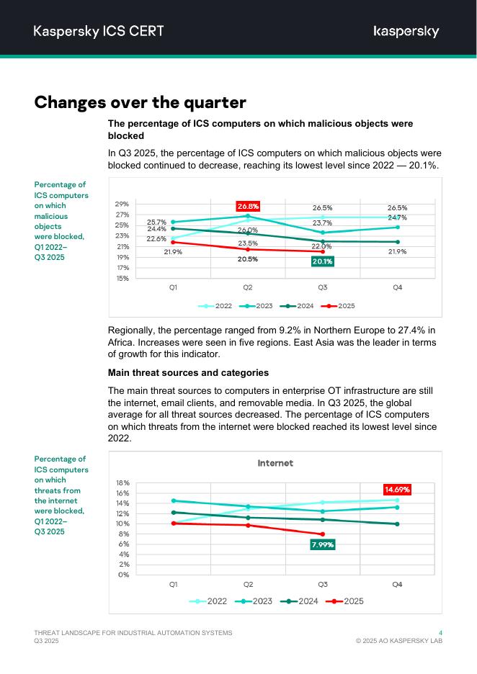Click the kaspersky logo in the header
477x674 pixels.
pos(406,31)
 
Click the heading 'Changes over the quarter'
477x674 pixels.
pos(140,102)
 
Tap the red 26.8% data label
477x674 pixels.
pos(248,206)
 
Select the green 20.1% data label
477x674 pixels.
pos(322,261)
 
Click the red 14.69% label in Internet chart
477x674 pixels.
pos(397,489)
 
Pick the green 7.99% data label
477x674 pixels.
pos(322,545)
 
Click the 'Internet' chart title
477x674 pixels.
pos(275,463)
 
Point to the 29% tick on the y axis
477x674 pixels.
pos(122,205)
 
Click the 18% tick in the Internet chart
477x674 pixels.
pos(122,483)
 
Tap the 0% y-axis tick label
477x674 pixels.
pos(124,575)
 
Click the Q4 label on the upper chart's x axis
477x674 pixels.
pos(397,287)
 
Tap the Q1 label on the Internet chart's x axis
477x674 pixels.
pos(173,585)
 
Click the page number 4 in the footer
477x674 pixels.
pos(440,632)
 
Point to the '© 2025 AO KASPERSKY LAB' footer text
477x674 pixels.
pos(399,641)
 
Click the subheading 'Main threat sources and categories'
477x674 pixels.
pos(188,372)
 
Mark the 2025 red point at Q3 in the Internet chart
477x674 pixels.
pos(322,534)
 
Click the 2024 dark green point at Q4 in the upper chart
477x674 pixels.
pos(397,242)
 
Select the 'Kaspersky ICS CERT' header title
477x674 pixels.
pos(99,31)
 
